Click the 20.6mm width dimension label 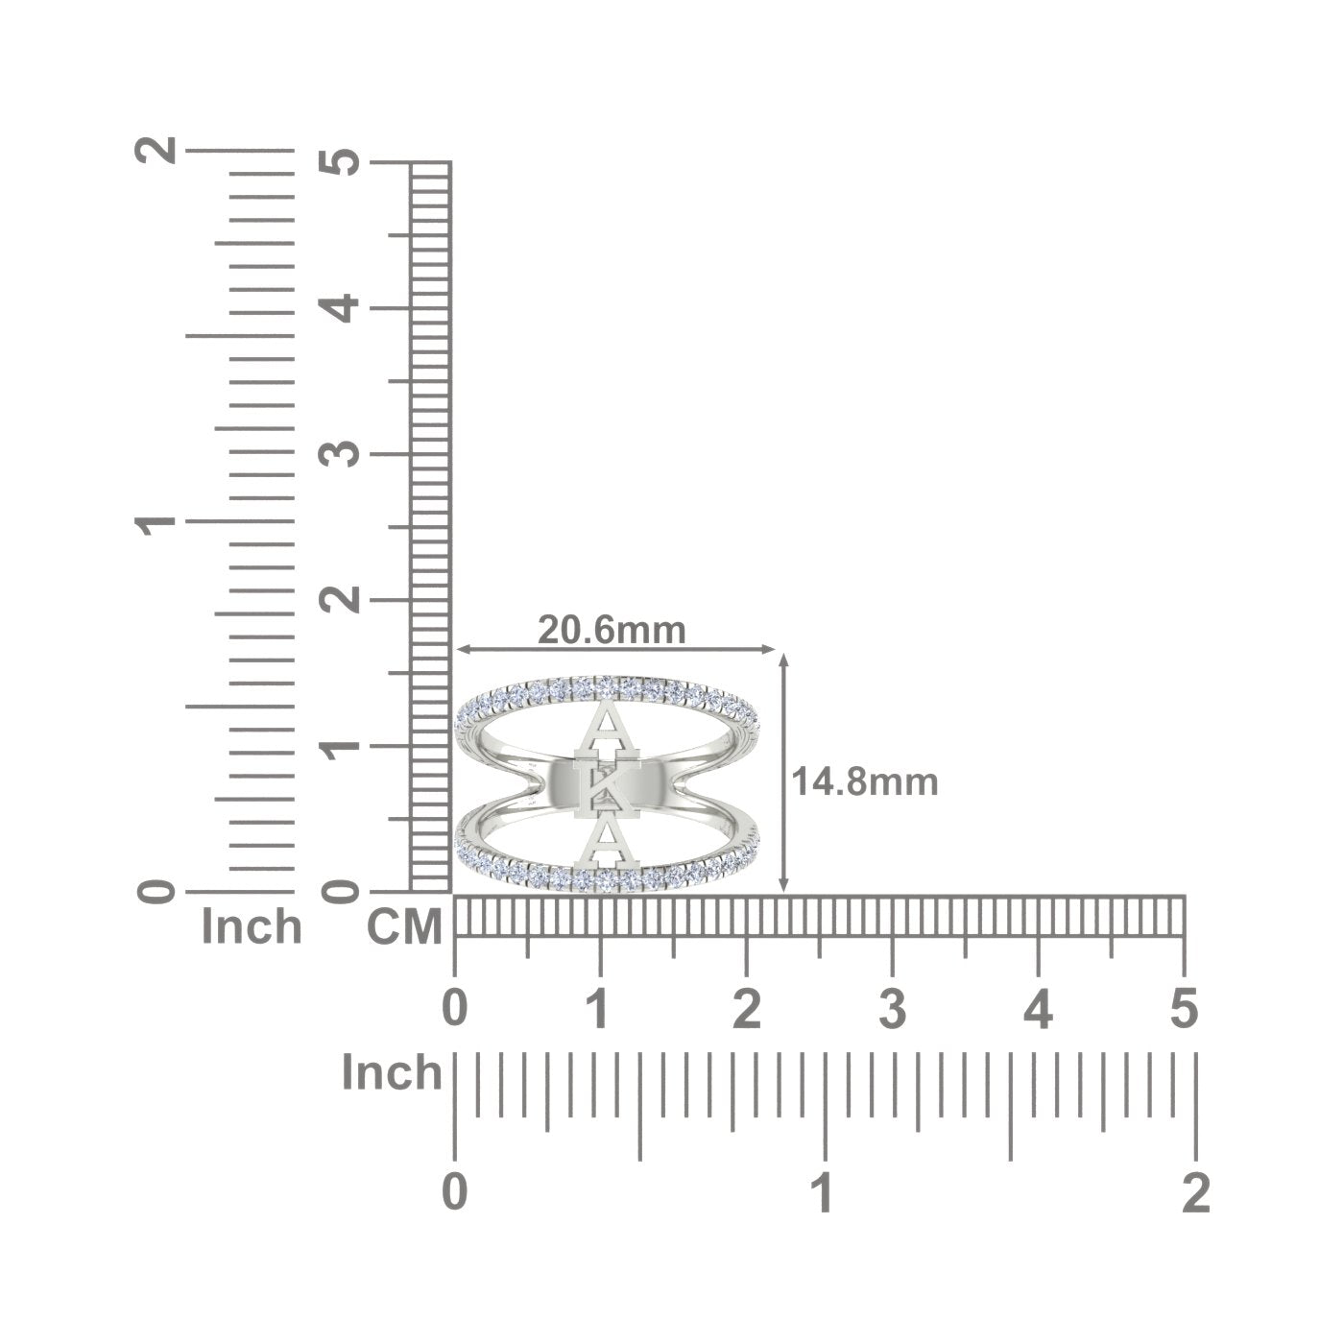tap(612, 630)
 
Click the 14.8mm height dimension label tap(864, 781)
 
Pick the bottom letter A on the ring tap(607, 843)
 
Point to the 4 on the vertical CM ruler tap(339, 308)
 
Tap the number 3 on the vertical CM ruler tap(339, 454)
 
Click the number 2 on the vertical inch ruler tap(156, 149)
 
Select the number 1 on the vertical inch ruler tap(156, 520)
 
